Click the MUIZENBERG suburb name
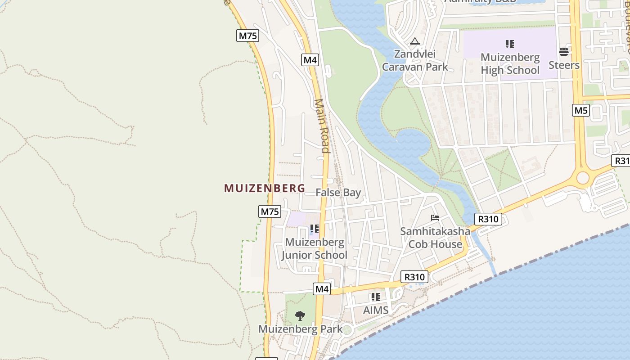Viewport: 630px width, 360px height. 265,188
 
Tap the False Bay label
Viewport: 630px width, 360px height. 338,193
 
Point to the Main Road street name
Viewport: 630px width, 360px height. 323,126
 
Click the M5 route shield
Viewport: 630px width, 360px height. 581,110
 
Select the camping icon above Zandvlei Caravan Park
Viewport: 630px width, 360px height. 414,41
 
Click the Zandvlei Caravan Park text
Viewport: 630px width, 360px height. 415,61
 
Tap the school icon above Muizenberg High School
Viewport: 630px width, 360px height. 509,44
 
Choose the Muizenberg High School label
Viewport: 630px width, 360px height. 510,64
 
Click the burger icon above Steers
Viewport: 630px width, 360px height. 564,52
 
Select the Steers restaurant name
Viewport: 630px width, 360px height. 564,65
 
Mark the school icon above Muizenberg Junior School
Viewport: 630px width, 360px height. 315,229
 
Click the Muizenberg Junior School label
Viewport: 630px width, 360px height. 315,249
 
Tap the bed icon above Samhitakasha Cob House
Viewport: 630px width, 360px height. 435,218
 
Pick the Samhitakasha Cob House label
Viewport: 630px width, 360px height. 435,238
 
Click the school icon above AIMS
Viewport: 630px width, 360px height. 376,297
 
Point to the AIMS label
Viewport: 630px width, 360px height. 376,310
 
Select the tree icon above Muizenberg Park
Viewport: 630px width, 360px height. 300,316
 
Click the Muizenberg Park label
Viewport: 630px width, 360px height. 300,329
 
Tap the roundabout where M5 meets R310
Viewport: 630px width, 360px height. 583,178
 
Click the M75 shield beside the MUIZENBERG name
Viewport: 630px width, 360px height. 270,211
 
